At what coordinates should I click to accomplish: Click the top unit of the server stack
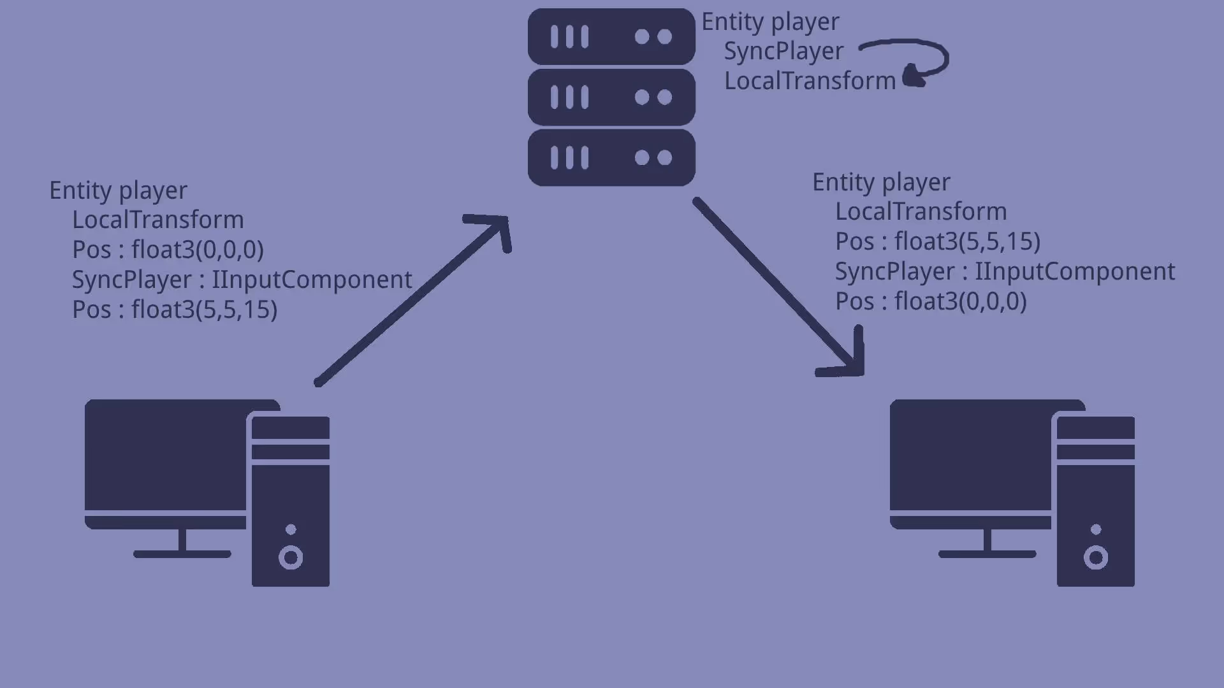coord(611,36)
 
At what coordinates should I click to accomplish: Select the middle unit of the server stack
coord(611,97)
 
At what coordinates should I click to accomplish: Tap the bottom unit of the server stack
coord(611,157)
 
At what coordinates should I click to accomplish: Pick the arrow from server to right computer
coord(778,287)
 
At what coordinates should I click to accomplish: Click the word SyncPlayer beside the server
coord(783,51)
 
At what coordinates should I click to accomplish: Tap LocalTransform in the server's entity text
coord(810,81)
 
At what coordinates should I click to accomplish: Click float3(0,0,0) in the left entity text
coord(197,250)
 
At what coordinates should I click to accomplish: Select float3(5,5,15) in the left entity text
coord(204,310)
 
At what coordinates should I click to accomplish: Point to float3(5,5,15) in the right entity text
coord(967,241)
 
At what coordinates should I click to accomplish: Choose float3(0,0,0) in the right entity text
coord(960,301)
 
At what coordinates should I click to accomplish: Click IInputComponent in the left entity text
coord(312,280)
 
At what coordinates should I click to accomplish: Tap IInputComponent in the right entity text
coord(1075,271)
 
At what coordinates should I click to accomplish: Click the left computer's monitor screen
coord(166,455)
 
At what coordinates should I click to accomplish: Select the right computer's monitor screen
coord(970,455)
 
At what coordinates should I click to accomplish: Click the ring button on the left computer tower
coord(291,558)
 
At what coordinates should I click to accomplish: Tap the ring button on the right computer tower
coord(1096,558)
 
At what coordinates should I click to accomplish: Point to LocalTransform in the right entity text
coord(921,211)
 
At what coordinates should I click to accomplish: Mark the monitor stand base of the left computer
coord(182,554)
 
